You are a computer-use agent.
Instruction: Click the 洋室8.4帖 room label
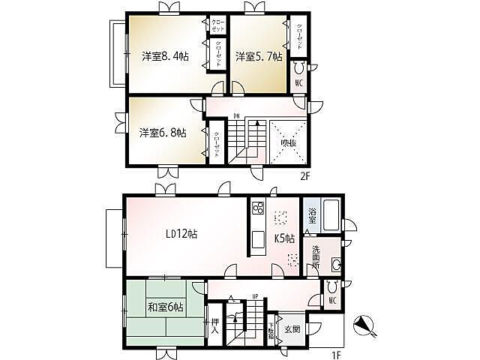(x=165, y=56)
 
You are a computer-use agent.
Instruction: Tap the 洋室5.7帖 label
(x=259, y=56)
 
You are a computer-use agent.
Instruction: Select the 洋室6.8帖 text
(x=163, y=134)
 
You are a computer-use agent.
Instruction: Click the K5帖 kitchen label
(x=285, y=239)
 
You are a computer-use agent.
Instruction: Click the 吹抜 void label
(x=288, y=142)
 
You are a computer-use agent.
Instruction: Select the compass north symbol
(x=366, y=325)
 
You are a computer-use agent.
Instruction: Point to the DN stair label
(x=236, y=115)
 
